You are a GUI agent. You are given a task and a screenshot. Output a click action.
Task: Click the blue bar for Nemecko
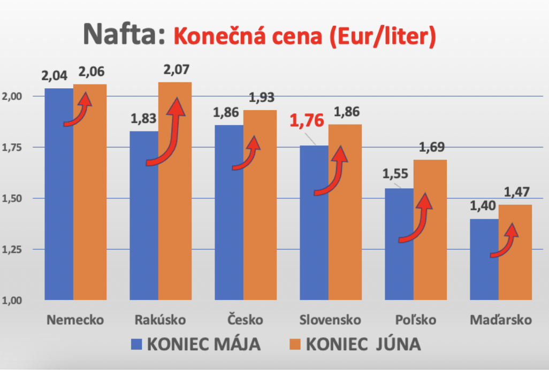[59, 214]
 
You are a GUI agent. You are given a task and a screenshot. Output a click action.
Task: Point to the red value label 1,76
[307, 120]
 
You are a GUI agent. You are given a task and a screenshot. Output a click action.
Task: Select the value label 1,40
[483, 206]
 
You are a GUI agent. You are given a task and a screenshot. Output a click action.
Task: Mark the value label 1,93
[261, 97]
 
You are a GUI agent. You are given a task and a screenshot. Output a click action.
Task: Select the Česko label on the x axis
[245, 320]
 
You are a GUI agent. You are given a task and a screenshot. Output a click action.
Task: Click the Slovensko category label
[330, 320]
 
